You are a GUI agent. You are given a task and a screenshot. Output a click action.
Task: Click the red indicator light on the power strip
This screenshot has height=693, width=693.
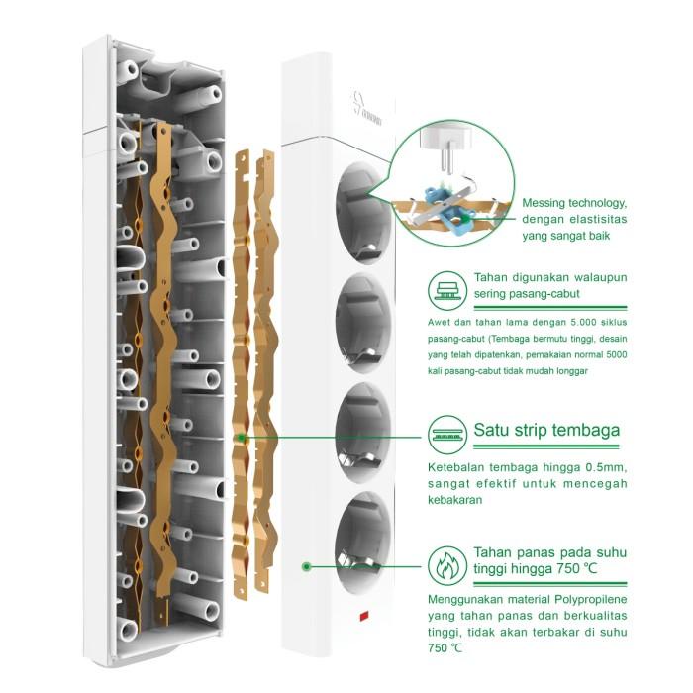[x=363, y=621]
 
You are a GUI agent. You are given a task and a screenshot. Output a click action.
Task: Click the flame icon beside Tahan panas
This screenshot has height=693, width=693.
[x=446, y=565]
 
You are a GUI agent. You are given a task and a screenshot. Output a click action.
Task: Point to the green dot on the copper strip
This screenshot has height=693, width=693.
[x=240, y=436]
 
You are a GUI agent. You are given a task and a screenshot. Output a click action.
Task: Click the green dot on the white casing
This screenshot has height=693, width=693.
[x=307, y=566]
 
